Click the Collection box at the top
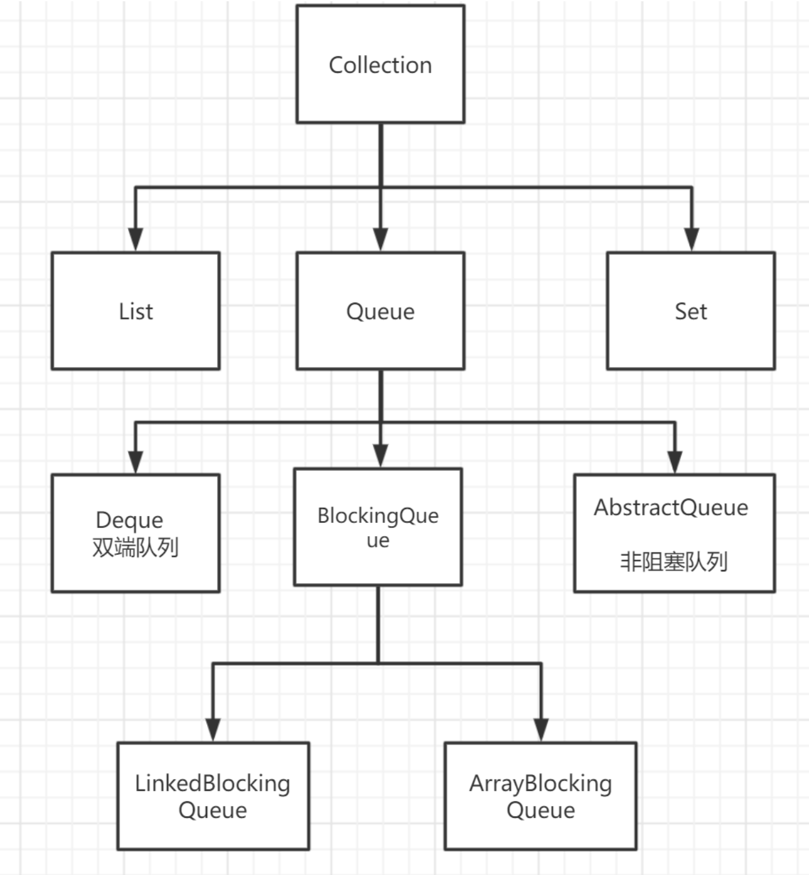click(x=380, y=64)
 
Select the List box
click(x=136, y=311)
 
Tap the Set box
click(x=690, y=311)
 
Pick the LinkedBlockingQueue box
click(x=213, y=796)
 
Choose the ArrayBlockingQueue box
click(x=540, y=796)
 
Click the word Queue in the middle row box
click(x=380, y=311)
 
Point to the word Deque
click(x=129, y=520)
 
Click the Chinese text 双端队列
click(x=136, y=547)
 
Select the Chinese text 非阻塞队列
click(x=674, y=561)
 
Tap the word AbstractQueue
click(x=671, y=507)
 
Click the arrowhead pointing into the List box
click(x=136, y=239)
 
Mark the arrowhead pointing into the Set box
click(x=692, y=239)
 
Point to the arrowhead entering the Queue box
click(x=380, y=239)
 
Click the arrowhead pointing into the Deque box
click(x=136, y=461)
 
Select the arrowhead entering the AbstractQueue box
click(x=675, y=461)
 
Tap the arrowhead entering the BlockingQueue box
click(x=380, y=455)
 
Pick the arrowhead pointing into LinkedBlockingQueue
click(x=213, y=729)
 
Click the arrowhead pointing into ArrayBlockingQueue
click(x=541, y=729)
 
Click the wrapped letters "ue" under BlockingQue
click(x=378, y=541)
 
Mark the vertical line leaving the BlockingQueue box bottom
click(x=378, y=625)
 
